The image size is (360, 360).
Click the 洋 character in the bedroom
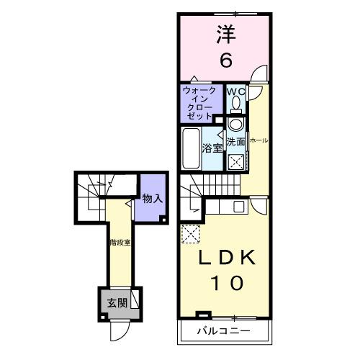tap(226, 34)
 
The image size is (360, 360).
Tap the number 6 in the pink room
tap(226, 61)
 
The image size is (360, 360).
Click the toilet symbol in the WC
tap(236, 106)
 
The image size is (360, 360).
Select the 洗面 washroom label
tap(236, 142)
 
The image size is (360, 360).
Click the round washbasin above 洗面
tap(236, 124)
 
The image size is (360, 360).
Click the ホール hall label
tap(258, 141)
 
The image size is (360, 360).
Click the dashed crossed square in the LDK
tap(191, 233)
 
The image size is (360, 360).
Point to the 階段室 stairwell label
tap(120, 243)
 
